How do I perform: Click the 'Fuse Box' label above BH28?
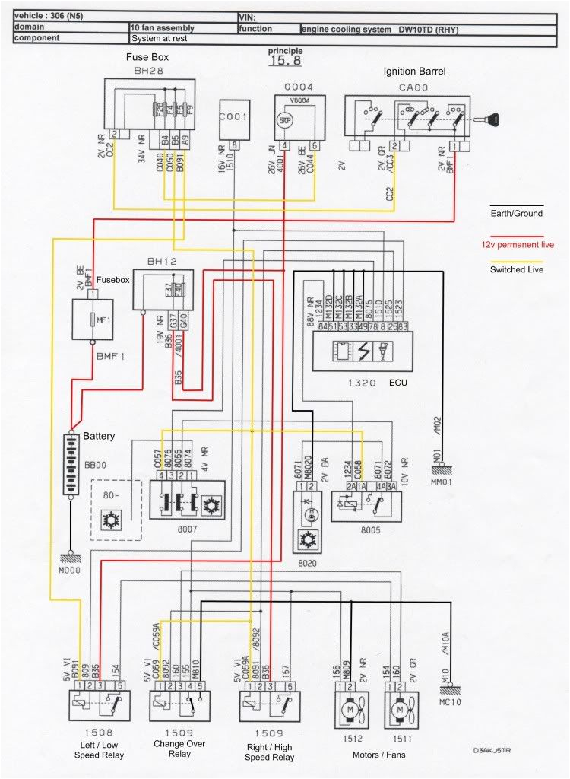147,57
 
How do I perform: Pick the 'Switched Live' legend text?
517,269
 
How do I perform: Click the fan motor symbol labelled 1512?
351,707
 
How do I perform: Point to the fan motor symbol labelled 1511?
400,707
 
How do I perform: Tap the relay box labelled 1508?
97,704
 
